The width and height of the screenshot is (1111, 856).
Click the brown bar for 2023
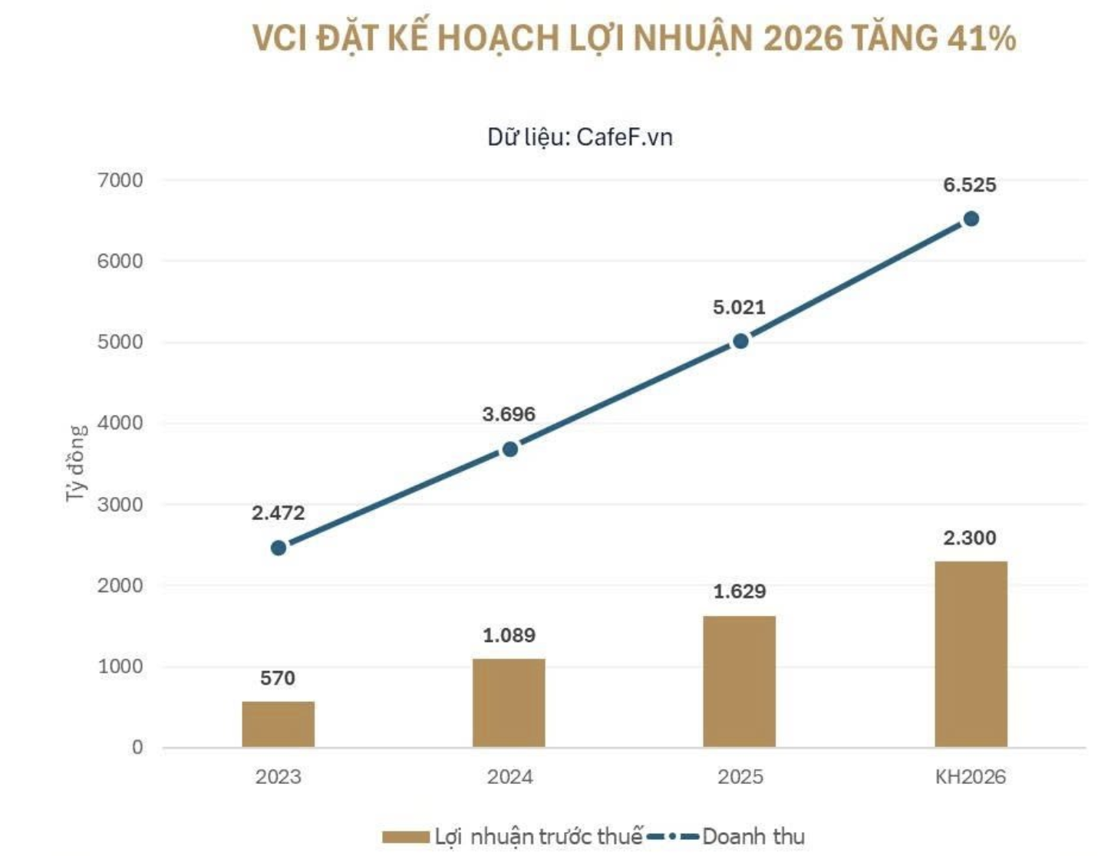[x=278, y=724]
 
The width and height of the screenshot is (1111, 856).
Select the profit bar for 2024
[x=509, y=703]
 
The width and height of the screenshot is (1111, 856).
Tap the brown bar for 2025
[x=740, y=681]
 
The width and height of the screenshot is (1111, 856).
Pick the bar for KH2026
[x=971, y=654]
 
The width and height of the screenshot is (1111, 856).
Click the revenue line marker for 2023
[x=279, y=548]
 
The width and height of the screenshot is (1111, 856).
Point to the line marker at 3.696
[x=509, y=449]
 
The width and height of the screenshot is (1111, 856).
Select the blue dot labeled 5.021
[x=740, y=341]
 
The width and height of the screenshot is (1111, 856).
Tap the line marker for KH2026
[x=971, y=219]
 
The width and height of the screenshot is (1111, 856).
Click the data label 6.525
[x=969, y=185]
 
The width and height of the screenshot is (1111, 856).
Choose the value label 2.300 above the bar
[x=969, y=538]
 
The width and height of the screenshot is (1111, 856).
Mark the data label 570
[x=278, y=677]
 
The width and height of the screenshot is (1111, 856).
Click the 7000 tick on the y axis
[x=120, y=180]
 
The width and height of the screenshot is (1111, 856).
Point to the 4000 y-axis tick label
[x=120, y=423]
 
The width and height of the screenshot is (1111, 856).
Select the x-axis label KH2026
[x=971, y=777]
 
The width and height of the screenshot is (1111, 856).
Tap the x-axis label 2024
[x=509, y=777]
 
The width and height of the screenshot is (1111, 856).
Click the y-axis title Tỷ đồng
[x=76, y=463]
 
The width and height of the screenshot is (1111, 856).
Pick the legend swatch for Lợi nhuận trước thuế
[x=405, y=837]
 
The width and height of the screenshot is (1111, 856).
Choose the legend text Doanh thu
[x=753, y=837]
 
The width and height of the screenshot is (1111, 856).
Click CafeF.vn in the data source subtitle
[x=625, y=137]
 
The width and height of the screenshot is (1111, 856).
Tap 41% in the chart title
[x=981, y=38]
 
